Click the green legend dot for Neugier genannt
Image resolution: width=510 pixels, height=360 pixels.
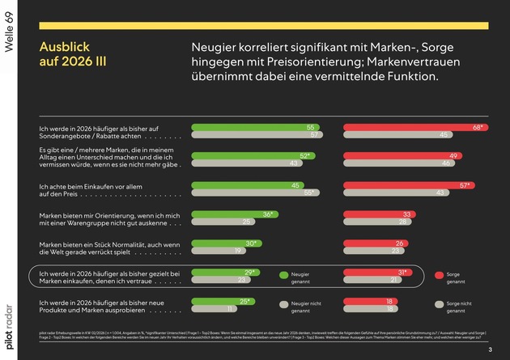(283, 276)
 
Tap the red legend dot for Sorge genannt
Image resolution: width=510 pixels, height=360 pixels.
(440, 276)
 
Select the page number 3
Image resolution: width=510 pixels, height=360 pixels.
(490, 349)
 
